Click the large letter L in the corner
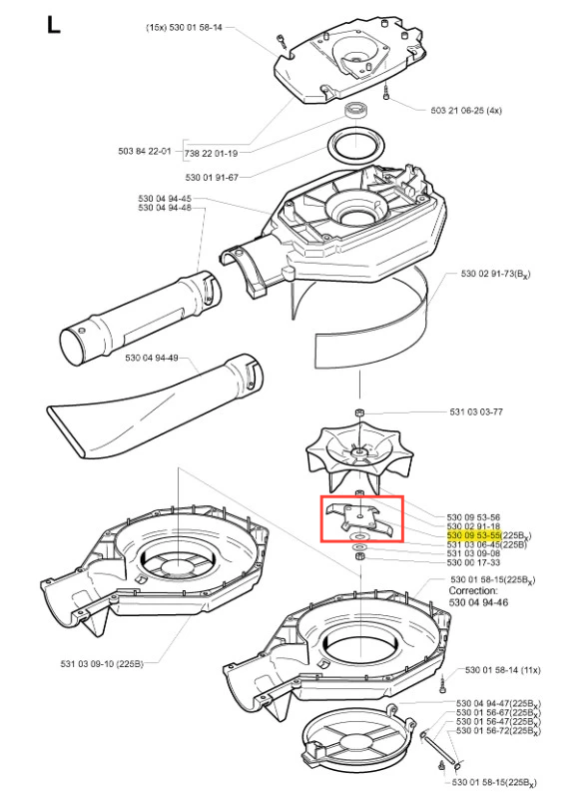[x=54, y=25]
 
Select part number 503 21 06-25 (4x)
[x=466, y=110]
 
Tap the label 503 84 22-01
[x=145, y=151]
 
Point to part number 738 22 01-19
[x=211, y=153]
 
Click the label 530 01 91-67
[x=212, y=177]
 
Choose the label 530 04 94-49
[x=152, y=358]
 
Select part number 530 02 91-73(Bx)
[x=496, y=274]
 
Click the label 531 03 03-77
[x=476, y=411]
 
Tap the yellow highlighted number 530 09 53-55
[x=473, y=535]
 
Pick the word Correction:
[x=473, y=591]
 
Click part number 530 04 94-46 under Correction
[x=479, y=602]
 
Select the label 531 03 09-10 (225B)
[x=102, y=663]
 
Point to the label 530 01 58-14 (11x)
[x=502, y=670]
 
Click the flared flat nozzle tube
[x=155, y=406]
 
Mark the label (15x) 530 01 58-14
[x=185, y=27]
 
